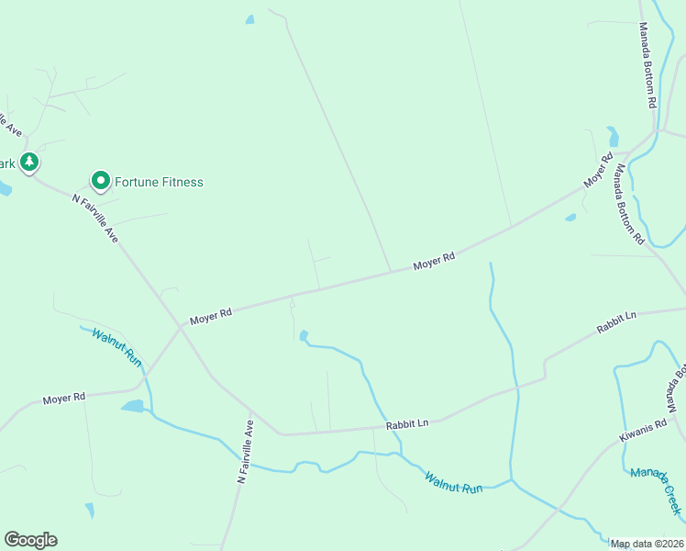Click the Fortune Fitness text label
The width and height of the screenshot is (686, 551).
tap(158, 182)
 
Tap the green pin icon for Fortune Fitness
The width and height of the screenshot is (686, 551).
tap(100, 181)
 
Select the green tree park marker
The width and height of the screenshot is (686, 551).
tap(29, 163)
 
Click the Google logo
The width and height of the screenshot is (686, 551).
tap(30, 540)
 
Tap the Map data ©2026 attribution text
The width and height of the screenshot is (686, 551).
tap(647, 544)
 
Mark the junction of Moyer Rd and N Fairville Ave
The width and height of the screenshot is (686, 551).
tap(181, 325)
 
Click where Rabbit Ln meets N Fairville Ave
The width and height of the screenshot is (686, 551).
tap(280, 433)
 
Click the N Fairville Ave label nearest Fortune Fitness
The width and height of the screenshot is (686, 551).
tap(95, 217)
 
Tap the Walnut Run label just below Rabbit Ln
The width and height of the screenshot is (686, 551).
tap(453, 482)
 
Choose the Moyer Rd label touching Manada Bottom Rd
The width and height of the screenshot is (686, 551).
tap(599, 172)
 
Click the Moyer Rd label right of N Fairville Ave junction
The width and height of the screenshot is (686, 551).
tap(211, 317)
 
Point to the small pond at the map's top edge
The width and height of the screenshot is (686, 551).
tap(249, 19)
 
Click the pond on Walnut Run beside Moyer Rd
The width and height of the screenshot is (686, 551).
tap(133, 406)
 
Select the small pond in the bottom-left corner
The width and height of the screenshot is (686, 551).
tap(90, 510)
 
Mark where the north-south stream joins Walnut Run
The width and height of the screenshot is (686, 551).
tap(511, 480)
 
